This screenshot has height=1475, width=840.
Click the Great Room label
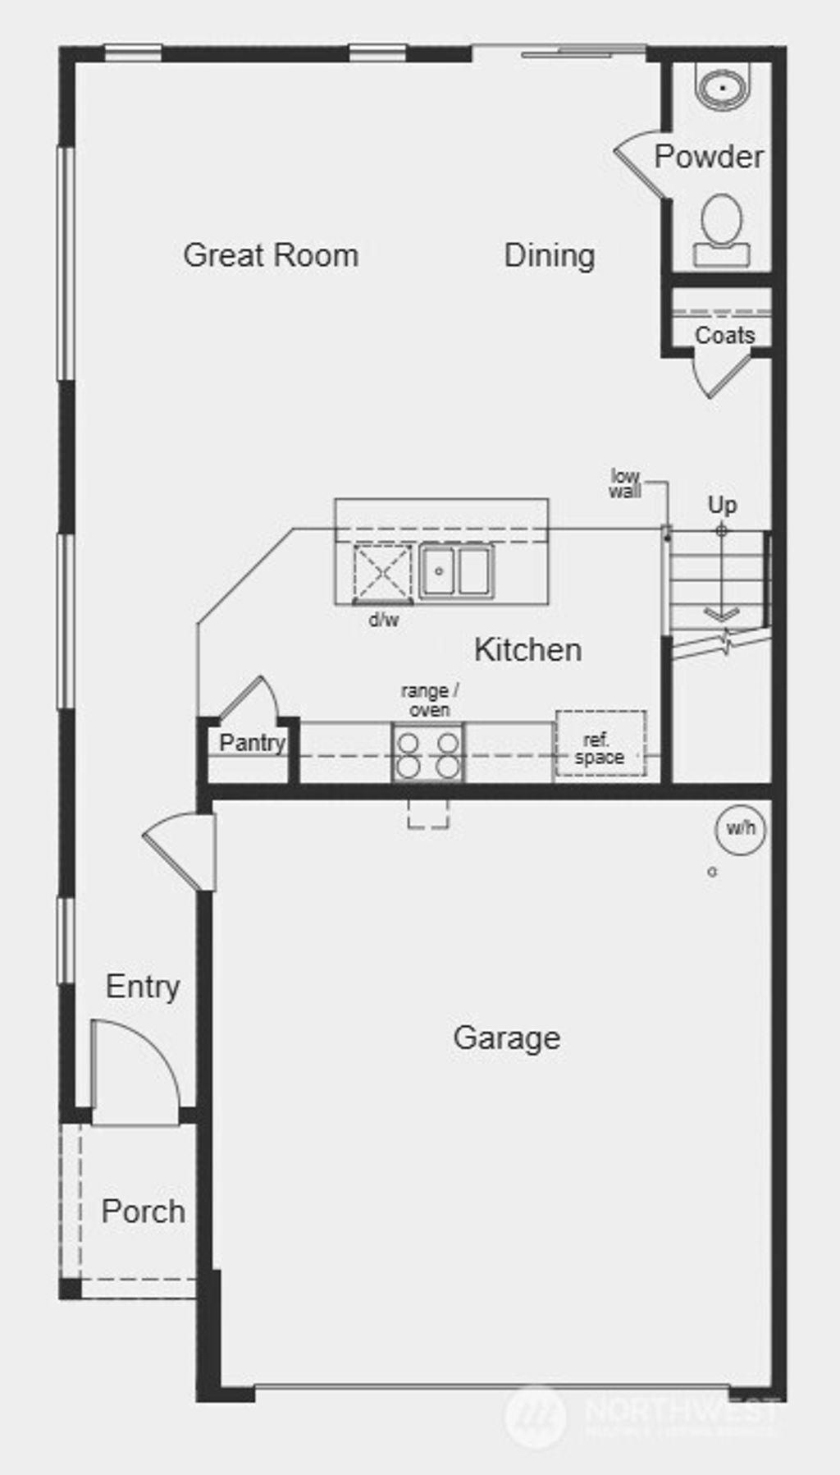pyautogui.click(x=271, y=255)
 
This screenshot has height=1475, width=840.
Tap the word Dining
pyautogui.click(x=549, y=255)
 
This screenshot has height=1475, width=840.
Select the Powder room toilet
pyautogui.click(x=722, y=231)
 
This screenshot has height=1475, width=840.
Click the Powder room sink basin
pyautogui.click(x=722, y=86)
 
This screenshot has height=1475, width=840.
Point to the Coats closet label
pyautogui.click(x=724, y=335)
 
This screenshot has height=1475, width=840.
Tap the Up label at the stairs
pyautogui.click(x=722, y=504)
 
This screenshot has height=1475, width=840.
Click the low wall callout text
pyautogui.click(x=625, y=483)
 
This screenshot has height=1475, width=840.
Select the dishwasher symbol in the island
pyautogui.click(x=382, y=572)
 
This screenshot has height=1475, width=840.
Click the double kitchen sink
pyautogui.click(x=456, y=571)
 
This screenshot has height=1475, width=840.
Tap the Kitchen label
pyautogui.click(x=527, y=649)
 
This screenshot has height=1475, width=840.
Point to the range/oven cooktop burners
pyautogui.click(x=427, y=754)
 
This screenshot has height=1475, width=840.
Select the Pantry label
pyautogui.click(x=252, y=743)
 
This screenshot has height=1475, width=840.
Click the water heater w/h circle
pyautogui.click(x=741, y=828)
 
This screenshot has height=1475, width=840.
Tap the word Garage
pyautogui.click(x=506, y=1038)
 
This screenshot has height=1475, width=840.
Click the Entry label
pyautogui.click(x=143, y=986)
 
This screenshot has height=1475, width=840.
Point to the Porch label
pyautogui.click(x=143, y=1211)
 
